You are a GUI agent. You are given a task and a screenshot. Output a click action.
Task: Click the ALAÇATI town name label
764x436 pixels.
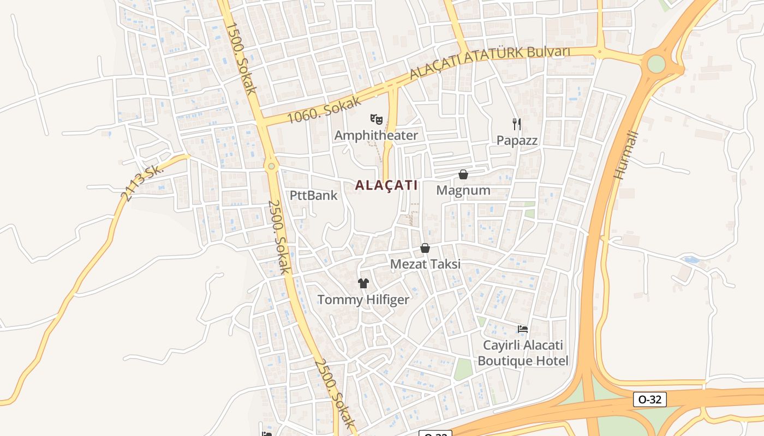click(386, 185)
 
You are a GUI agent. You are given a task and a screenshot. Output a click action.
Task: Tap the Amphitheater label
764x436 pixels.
click(376, 135)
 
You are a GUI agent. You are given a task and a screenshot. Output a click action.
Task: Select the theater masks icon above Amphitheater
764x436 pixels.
click(376, 118)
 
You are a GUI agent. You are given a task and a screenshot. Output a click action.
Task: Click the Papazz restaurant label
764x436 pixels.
click(517, 141)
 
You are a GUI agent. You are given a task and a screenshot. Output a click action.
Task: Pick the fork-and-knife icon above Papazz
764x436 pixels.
click(517, 124)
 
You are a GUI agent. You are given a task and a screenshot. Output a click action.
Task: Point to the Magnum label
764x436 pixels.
click(463, 190)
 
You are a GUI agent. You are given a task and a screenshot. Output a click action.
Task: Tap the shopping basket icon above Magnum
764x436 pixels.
click(463, 174)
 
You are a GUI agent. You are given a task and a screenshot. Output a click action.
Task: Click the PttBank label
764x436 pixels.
click(314, 195)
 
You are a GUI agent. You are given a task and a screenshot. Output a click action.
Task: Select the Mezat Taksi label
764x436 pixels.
click(425, 264)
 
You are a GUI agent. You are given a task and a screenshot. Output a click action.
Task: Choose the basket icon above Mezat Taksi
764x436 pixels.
click(425, 249)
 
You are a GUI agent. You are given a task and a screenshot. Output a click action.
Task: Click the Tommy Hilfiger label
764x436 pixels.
click(363, 299)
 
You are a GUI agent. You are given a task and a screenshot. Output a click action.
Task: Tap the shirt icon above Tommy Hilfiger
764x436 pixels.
click(363, 283)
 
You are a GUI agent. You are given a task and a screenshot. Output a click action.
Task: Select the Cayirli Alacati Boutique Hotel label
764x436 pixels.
click(523, 353)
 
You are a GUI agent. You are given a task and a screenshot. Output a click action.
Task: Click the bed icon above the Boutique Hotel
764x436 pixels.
click(523, 329)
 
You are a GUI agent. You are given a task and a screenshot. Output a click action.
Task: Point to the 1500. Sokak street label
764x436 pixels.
click(241, 58)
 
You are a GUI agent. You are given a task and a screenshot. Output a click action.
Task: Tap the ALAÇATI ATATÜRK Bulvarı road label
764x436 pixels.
click(490, 62)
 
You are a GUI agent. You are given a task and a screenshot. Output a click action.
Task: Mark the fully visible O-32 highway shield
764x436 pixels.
click(650, 399)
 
